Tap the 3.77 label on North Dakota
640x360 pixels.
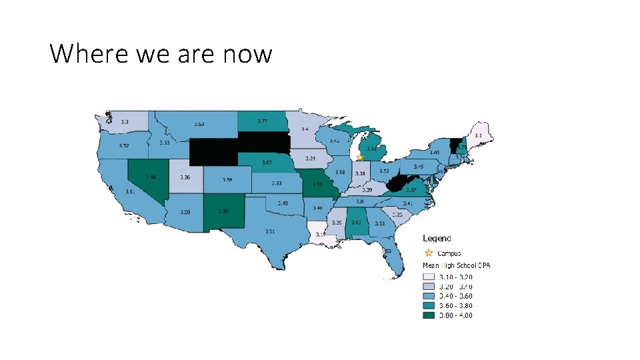click(x=263, y=121)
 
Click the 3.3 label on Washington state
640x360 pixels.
click(x=125, y=122)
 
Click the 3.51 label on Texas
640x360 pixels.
click(x=270, y=231)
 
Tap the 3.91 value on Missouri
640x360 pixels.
click(x=318, y=184)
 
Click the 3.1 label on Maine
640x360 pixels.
click(x=478, y=135)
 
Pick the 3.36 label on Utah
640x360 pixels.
click(x=185, y=177)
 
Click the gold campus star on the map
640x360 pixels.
click(x=360, y=158)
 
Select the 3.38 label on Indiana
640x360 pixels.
click(x=360, y=173)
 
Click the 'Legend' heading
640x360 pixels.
click(x=437, y=238)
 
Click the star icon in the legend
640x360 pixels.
click(x=429, y=253)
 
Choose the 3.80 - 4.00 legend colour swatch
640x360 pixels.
click(x=429, y=315)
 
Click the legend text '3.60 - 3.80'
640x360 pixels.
click(x=456, y=305)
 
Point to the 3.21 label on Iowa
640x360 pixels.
click(x=310, y=159)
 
